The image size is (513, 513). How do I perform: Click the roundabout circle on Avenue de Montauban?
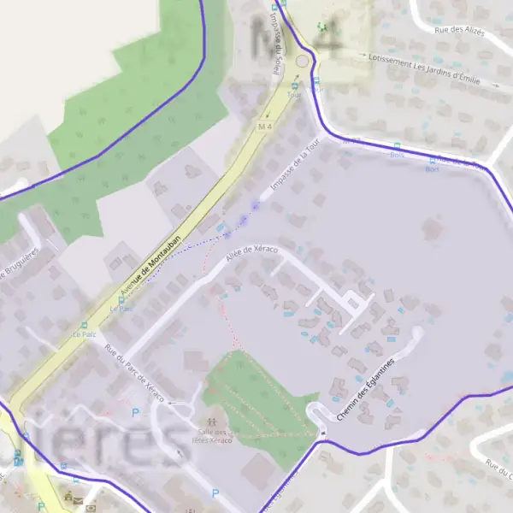pos(301,62)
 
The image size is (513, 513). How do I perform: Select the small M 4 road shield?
pos(264,127)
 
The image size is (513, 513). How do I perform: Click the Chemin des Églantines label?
pos(369,389)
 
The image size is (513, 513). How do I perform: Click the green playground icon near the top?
pos(321,27)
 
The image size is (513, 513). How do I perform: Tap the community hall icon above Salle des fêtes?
pos(212,421)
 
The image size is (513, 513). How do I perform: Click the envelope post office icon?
pos(78,498)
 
